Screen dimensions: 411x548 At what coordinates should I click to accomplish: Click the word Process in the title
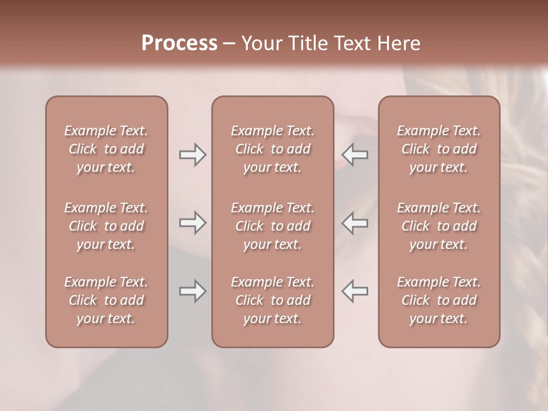[x=179, y=43]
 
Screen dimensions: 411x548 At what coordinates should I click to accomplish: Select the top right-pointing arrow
[x=193, y=154]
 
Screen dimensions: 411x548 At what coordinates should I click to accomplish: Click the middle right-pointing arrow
[x=193, y=223]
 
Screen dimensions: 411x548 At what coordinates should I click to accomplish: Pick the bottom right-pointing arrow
[x=193, y=291]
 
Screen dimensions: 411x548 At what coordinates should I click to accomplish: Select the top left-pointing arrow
[x=355, y=154]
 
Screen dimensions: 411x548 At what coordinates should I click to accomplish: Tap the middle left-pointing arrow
[x=355, y=223]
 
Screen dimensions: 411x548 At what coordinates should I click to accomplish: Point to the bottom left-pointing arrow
[x=355, y=291]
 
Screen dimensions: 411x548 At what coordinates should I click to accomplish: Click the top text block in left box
[x=106, y=149]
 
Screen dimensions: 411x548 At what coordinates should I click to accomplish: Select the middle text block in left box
[x=106, y=226]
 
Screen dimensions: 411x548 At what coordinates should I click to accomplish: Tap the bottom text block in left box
[x=106, y=300]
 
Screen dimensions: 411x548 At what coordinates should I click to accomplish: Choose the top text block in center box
[x=273, y=149]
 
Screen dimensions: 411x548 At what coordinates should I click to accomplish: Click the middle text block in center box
[x=273, y=226]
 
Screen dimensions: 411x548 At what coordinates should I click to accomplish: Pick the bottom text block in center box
[x=273, y=300]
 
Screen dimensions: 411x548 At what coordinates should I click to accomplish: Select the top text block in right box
[x=439, y=149]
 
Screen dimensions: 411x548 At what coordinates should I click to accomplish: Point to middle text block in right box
[x=439, y=226]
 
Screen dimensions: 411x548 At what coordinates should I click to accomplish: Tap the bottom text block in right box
[x=439, y=300]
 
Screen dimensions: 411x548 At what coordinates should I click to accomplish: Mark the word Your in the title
[x=260, y=43]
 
